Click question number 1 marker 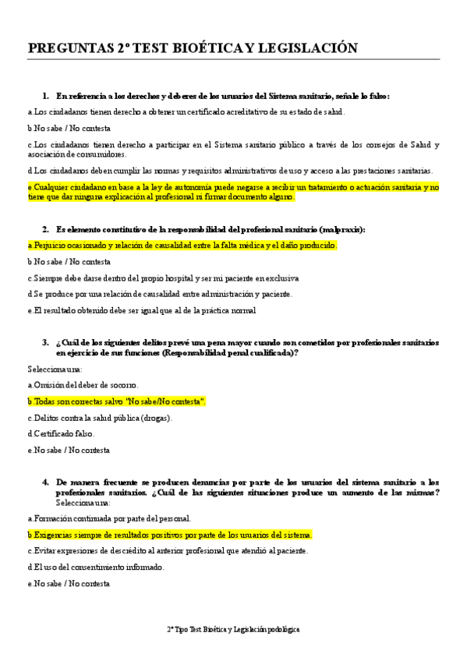click(45, 96)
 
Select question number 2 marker click(45, 229)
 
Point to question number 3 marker click(45, 343)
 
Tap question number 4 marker click(45, 482)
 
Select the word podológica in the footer click(281, 628)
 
